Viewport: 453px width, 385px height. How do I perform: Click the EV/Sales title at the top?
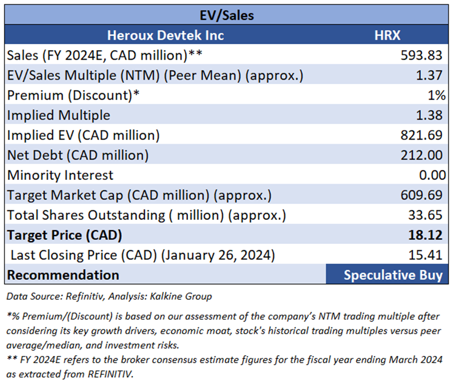[226, 15]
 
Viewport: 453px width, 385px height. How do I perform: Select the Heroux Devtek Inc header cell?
[165, 35]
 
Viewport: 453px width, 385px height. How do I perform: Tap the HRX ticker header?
[387, 35]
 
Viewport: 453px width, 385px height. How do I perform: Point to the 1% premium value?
[436, 95]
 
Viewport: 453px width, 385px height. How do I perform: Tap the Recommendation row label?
[63, 275]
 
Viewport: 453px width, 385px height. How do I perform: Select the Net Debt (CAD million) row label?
[78, 155]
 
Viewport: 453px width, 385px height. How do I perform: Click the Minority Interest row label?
[60, 175]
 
